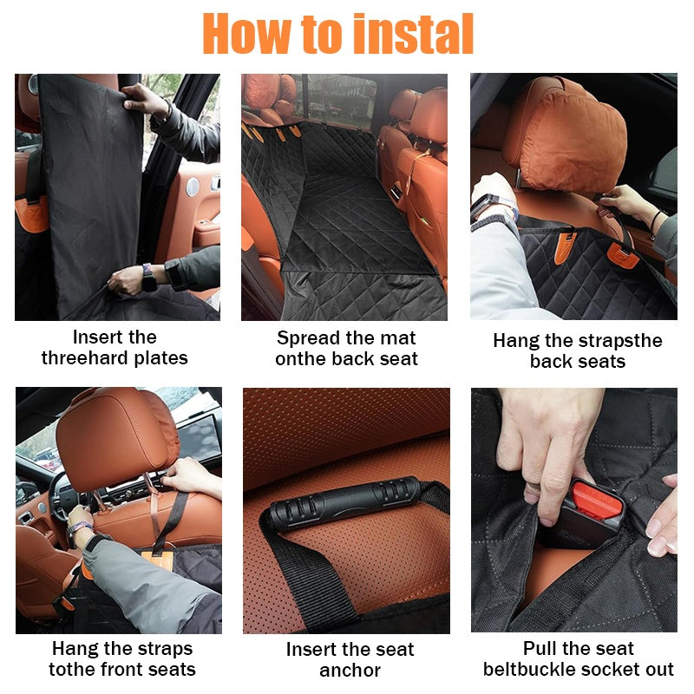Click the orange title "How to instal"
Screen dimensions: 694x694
(338, 34)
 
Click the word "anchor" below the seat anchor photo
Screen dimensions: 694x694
(350, 671)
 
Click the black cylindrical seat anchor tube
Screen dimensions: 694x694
(343, 501)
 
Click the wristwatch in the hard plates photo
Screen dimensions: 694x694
(147, 277)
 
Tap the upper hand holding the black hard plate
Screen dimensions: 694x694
(143, 101)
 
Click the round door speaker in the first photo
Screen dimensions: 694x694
(193, 187)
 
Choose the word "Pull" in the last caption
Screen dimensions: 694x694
(540, 649)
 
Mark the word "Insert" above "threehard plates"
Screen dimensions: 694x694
(92, 337)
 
